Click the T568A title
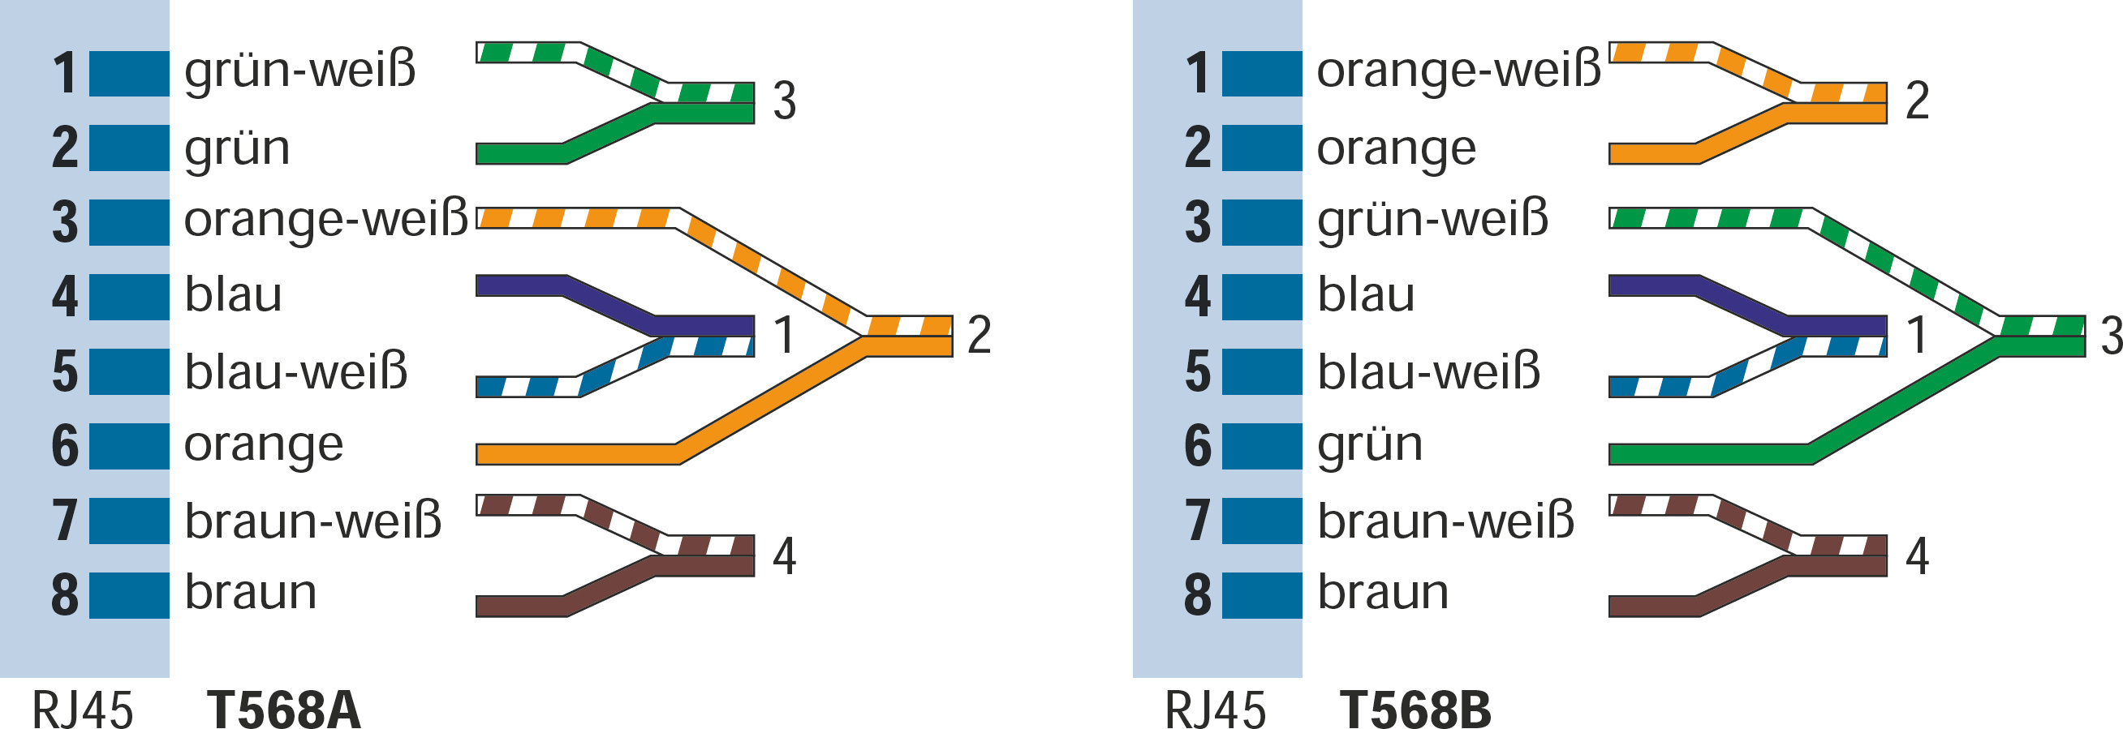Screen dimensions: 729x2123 click(x=283, y=710)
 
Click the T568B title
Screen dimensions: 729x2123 click(x=1415, y=710)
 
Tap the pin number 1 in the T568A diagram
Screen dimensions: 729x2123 click(x=65, y=73)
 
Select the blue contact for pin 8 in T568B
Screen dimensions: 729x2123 click(x=1262, y=594)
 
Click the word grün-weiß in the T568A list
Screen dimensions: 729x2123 click(x=300, y=71)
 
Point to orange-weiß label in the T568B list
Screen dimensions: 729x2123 click(x=1458, y=71)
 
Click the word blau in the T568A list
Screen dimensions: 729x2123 click(x=233, y=295)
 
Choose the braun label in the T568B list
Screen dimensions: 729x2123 click(x=1383, y=592)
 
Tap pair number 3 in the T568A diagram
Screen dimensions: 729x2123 click(x=785, y=101)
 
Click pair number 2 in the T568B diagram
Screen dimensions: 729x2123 click(x=1917, y=101)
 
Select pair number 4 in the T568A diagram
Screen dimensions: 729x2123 click(x=785, y=556)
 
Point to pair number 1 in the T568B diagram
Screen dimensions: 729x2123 click(x=1917, y=334)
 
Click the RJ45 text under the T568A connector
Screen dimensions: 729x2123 click(x=83, y=710)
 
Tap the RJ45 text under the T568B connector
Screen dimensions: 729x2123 click(x=1215, y=710)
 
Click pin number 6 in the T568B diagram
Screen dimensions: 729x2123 click(x=1198, y=446)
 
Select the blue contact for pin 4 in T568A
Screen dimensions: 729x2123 click(x=129, y=298)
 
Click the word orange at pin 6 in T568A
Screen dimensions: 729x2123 click(x=264, y=446)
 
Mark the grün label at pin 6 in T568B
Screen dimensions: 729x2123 click(x=1370, y=446)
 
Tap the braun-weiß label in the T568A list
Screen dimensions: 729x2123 click(x=313, y=521)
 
